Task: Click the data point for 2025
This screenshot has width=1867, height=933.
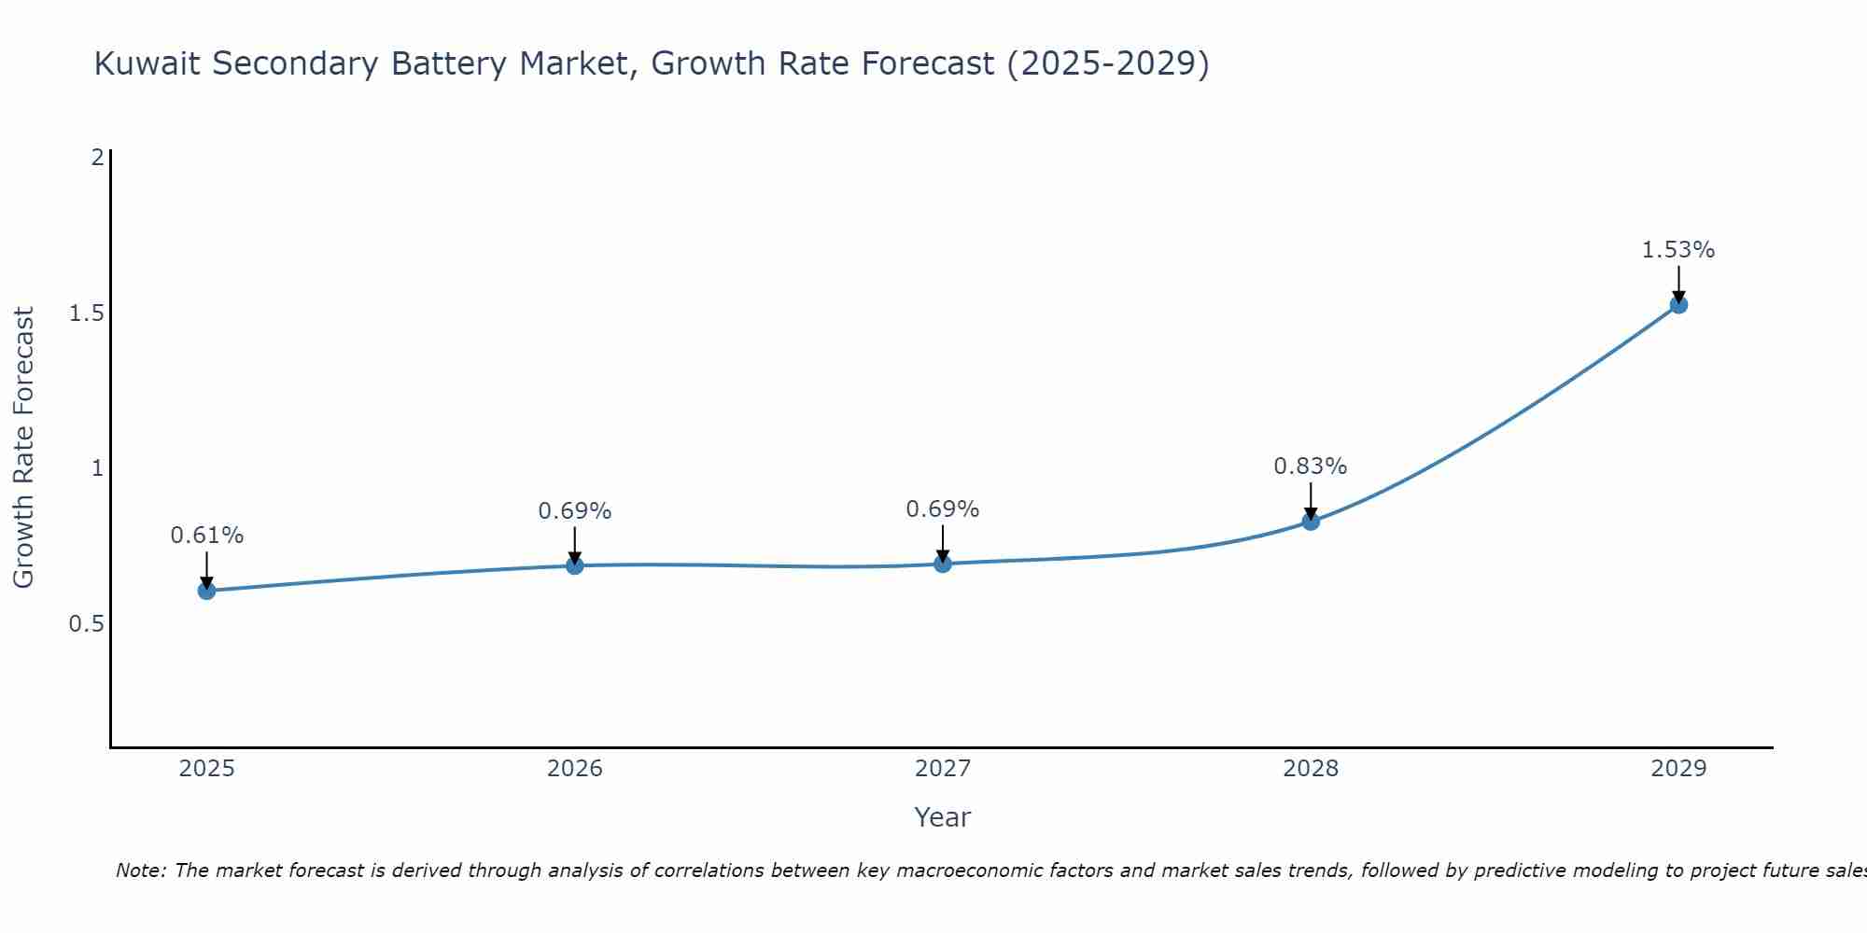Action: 206,591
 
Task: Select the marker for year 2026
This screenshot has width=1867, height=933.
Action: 574,565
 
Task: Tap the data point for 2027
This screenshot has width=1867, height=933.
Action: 942,564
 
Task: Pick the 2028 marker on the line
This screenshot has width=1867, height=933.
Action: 1311,521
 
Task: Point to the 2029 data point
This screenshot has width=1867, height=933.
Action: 1678,304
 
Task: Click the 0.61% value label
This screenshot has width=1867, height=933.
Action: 206,536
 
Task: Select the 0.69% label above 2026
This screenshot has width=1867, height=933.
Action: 574,511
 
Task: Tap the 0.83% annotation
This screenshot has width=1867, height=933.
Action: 1311,466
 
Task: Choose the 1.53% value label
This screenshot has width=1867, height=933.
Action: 1678,250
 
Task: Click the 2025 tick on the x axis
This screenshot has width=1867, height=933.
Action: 206,769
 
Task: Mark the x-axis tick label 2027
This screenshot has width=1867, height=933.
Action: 942,769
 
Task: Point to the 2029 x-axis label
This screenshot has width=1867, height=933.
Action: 1678,769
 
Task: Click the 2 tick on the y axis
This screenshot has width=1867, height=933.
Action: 97,157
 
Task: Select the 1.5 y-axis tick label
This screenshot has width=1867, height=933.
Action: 87,313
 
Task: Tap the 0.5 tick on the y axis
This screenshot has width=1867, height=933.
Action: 87,623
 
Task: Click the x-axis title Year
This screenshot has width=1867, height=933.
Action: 942,817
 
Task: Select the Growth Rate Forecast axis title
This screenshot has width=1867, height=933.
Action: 23,448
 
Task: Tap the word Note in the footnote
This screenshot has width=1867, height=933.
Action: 139,870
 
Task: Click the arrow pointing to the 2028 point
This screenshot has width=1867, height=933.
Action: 1311,500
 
